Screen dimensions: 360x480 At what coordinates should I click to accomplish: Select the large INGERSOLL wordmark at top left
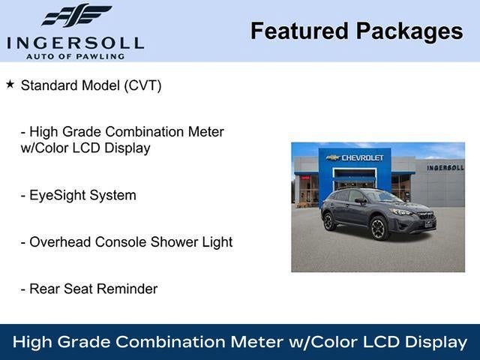click(76, 42)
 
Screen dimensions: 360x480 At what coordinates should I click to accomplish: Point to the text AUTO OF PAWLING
click(76, 56)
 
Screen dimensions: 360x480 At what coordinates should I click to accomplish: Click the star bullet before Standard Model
click(10, 84)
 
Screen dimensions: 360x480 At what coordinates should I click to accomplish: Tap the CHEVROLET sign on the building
click(358, 157)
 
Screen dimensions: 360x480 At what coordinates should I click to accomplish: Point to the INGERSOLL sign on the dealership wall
click(445, 167)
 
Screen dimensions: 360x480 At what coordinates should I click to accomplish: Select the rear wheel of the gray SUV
click(329, 221)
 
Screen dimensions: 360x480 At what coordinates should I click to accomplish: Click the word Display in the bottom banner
click(436, 342)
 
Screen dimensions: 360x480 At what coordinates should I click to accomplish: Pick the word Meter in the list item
click(203, 132)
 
